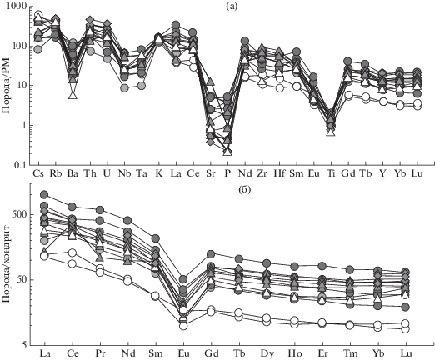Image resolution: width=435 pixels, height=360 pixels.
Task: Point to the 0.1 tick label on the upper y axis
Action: (x=18, y=165)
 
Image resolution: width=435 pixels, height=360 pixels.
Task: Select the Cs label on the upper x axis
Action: (x=38, y=174)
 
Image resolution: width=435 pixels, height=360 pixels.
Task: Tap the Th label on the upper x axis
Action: (x=90, y=174)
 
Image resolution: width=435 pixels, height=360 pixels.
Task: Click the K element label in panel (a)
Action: (x=159, y=174)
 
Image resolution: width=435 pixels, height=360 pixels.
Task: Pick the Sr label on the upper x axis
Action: (x=211, y=174)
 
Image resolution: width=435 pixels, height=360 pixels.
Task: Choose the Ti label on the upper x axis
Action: (x=331, y=174)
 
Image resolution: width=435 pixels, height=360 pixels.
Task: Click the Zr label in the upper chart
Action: (x=262, y=174)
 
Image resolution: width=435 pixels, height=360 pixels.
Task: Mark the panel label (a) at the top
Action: (x=232, y=7)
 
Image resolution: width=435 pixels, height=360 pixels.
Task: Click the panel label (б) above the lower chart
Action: (x=245, y=190)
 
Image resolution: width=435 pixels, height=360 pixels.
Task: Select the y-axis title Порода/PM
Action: (x=6, y=86)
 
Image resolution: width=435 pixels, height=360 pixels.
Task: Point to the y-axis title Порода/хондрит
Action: (x=6, y=264)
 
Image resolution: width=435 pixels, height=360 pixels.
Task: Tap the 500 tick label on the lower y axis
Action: (x=19, y=215)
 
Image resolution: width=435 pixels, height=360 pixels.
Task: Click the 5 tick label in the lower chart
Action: (x=23, y=345)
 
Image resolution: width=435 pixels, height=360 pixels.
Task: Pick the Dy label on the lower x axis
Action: (x=267, y=353)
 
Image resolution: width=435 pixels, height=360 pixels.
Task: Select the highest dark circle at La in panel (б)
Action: (x=44, y=194)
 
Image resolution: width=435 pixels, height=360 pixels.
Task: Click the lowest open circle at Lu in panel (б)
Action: (x=406, y=329)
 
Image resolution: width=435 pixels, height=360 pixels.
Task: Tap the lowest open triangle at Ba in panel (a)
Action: (x=72, y=95)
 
